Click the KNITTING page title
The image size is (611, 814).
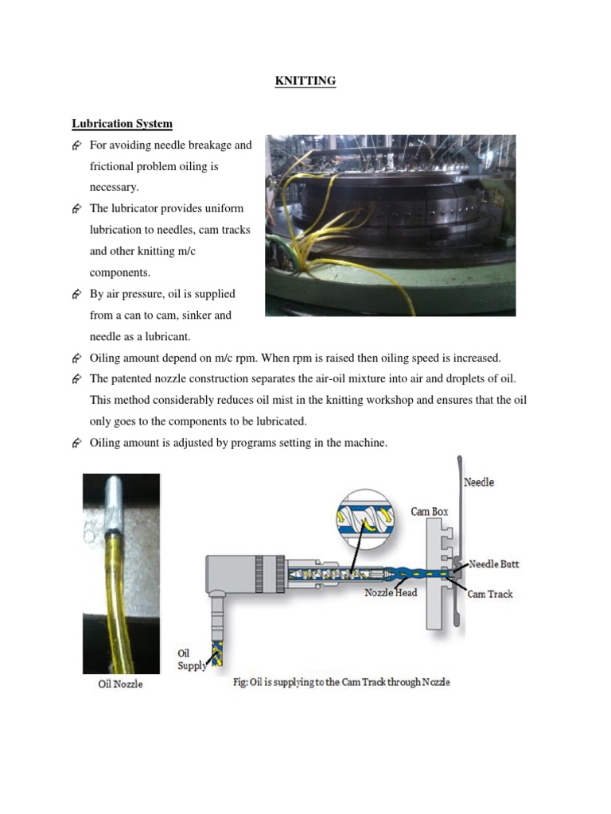coord(305,81)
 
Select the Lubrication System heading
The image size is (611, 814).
coord(122,124)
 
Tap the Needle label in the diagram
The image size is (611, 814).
coord(478,483)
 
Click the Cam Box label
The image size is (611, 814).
coord(429,511)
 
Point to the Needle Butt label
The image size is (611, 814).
coord(493,564)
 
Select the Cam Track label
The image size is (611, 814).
coord(490,594)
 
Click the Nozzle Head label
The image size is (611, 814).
coord(391,592)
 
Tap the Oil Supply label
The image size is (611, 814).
coord(192,659)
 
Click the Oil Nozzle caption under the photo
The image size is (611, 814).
coord(120,684)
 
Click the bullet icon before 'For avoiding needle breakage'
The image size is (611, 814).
coord(77,145)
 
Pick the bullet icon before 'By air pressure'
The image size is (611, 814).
coord(77,294)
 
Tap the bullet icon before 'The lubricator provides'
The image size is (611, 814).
coord(77,209)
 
